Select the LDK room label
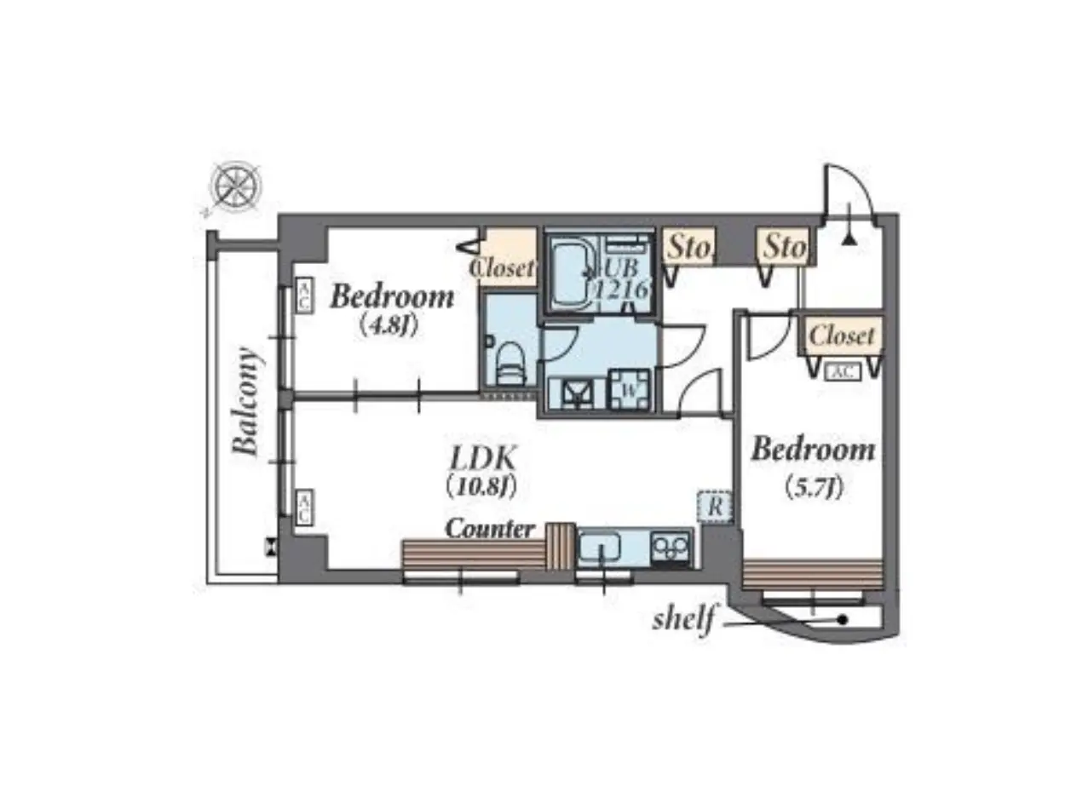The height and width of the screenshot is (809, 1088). point(483,459)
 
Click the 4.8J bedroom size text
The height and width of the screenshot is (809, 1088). point(389,325)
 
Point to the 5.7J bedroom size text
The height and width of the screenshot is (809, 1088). point(814,488)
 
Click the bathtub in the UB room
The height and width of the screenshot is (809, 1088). point(573,274)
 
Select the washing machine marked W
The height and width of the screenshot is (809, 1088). point(630,390)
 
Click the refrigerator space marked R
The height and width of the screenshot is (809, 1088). point(715,507)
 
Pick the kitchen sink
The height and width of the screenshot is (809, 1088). point(600,548)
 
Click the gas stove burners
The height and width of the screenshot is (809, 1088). point(671,548)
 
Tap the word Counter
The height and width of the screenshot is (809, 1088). point(490,529)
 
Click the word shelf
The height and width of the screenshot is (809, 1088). point(684,619)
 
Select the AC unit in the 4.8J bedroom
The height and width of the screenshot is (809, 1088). point(304,295)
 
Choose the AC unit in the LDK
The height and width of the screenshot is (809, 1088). point(304,508)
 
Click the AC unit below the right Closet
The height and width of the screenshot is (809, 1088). point(843,372)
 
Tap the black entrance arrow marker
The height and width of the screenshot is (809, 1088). point(849,239)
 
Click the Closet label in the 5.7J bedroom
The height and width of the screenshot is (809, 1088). point(842,336)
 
